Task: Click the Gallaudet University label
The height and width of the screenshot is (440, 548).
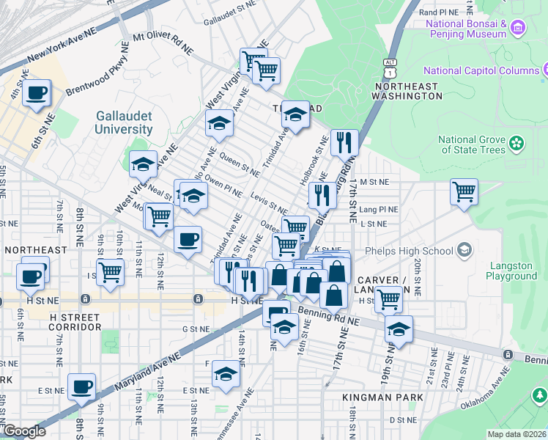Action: click(124, 122)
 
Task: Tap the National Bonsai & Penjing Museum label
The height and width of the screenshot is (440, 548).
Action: click(466, 29)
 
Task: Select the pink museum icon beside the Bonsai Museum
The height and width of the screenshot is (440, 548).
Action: click(519, 29)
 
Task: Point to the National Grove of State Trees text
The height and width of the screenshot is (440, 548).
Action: click(472, 144)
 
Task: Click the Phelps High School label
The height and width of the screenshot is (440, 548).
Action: click(418, 251)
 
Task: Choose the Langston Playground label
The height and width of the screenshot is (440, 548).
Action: click(511, 271)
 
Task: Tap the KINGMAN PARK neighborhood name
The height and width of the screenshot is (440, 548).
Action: click(382, 397)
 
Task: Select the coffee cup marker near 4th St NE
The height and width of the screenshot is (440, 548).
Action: click(36, 92)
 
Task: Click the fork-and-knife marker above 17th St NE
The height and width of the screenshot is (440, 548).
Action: click(344, 142)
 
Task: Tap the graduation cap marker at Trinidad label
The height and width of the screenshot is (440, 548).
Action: click(295, 114)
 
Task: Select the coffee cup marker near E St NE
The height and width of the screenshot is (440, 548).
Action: click(81, 386)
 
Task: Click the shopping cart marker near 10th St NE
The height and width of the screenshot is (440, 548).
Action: click(111, 271)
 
